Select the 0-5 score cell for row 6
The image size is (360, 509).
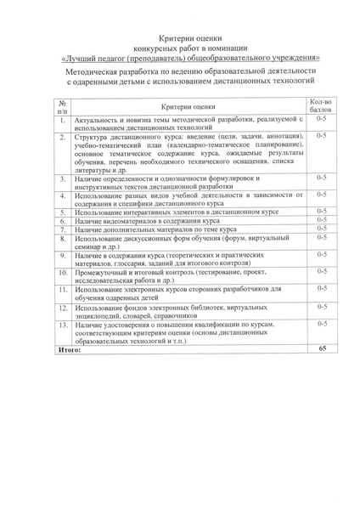coord(321,220)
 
